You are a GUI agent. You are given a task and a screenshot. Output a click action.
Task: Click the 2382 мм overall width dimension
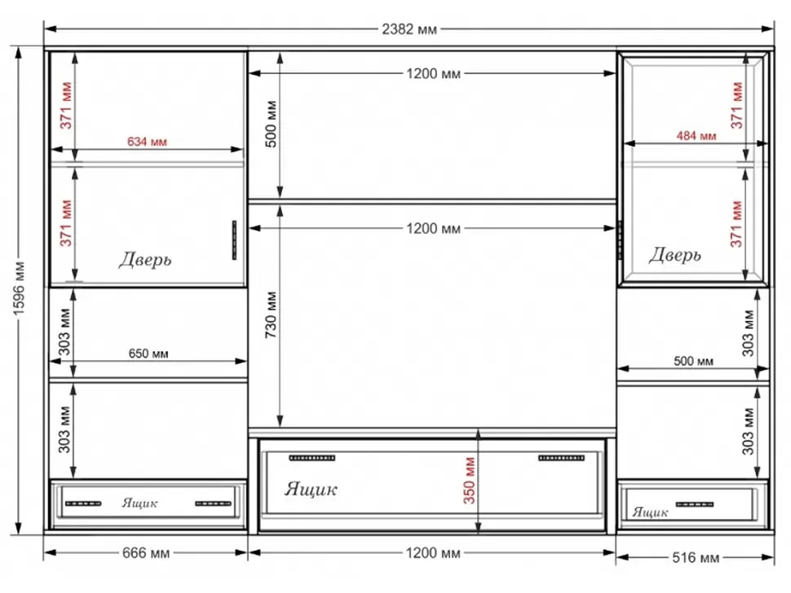click(409, 29)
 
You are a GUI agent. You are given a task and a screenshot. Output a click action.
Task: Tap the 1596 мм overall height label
click(19, 288)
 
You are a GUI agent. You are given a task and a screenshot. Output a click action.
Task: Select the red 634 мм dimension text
click(147, 142)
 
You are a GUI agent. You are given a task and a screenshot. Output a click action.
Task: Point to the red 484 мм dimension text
click(696, 135)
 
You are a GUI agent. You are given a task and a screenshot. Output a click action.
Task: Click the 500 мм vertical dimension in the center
click(271, 124)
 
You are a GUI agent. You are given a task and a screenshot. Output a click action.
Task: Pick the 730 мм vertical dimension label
click(271, 314)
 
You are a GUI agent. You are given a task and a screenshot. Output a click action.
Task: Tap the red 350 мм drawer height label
click(470, 480)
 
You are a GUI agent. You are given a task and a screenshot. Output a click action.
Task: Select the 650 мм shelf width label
click(148, 354)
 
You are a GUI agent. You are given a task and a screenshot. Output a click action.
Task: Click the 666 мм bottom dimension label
click(146, 553)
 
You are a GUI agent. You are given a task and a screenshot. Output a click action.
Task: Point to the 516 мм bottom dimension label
click(696, 557)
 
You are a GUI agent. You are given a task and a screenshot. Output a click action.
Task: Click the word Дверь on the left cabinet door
click(145, 260)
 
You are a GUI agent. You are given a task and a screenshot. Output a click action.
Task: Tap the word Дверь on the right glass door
click(675, 255)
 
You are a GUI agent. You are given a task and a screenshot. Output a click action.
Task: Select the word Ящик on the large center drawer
click(311, 490)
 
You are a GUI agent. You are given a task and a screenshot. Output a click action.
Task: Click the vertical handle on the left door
click(234, 239)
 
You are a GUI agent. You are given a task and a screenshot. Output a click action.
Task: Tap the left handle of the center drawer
click(312, 458)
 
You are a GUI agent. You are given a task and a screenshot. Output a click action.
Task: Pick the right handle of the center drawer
click(562, 458)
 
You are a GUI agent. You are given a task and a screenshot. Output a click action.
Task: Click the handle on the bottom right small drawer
click(695, 504)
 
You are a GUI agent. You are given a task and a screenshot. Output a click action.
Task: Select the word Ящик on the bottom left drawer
click(139, 503)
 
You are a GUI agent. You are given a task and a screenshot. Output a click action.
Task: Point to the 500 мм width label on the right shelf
click(694, 361)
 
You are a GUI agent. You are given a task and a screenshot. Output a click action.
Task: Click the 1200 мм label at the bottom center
click(433, 553)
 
